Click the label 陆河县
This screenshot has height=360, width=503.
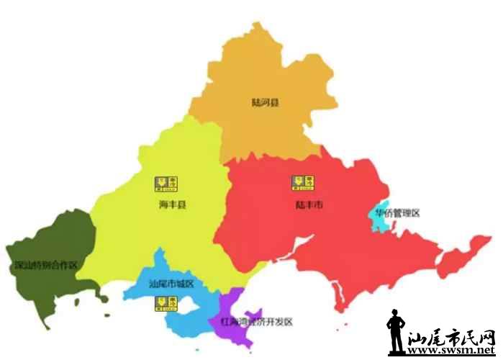coord(265,102)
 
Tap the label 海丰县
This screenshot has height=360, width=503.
coord(173,206)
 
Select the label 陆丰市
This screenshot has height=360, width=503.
coord(309,205)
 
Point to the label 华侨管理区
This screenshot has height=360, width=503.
coord(396,213)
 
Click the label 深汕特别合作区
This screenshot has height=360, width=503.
coord(45,266)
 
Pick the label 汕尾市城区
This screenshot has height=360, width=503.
coord(171,284)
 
